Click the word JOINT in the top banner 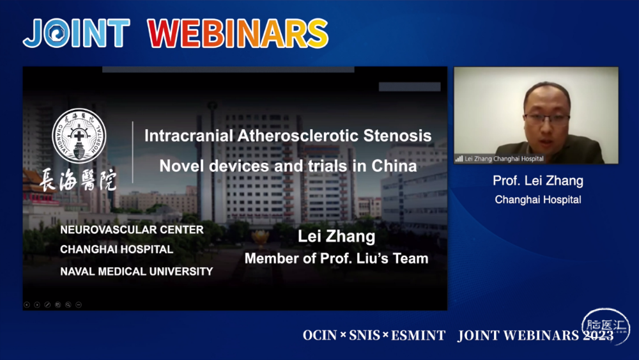pos(77,33)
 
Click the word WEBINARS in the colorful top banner pos(238,33)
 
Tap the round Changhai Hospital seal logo pos(79,136)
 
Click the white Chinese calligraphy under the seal pos(77,180)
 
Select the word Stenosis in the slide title pos(397,136)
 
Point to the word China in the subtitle pos(394,166)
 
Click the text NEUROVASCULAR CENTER pos(132,230)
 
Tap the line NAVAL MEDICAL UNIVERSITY pos(137,271)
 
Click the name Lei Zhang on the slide pos(337,236)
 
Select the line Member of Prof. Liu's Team pos(337,258)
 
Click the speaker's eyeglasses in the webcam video pos(546,119)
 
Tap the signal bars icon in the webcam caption pos(459,159)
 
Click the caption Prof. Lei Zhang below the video pos(538,180)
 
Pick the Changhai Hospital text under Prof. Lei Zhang pos(538,200)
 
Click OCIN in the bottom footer pos(319,336)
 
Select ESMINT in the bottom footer pos(418,336)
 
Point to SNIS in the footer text pos(364,336)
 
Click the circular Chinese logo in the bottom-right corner pos(606,327)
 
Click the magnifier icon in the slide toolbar pos(68,304)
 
